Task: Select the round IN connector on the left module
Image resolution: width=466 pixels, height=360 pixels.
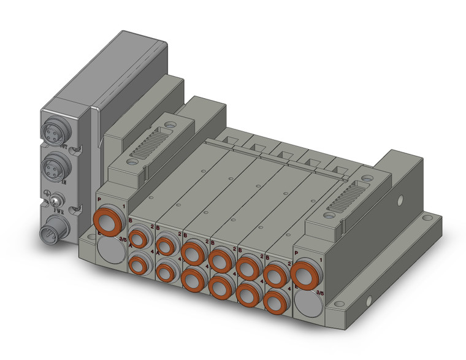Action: pos(53,165)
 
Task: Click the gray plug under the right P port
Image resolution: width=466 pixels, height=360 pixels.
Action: pos(305,304)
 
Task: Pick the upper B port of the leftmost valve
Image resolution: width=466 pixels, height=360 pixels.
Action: pos(139,238)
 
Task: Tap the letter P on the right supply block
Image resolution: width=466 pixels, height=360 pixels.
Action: pos(297,253)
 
